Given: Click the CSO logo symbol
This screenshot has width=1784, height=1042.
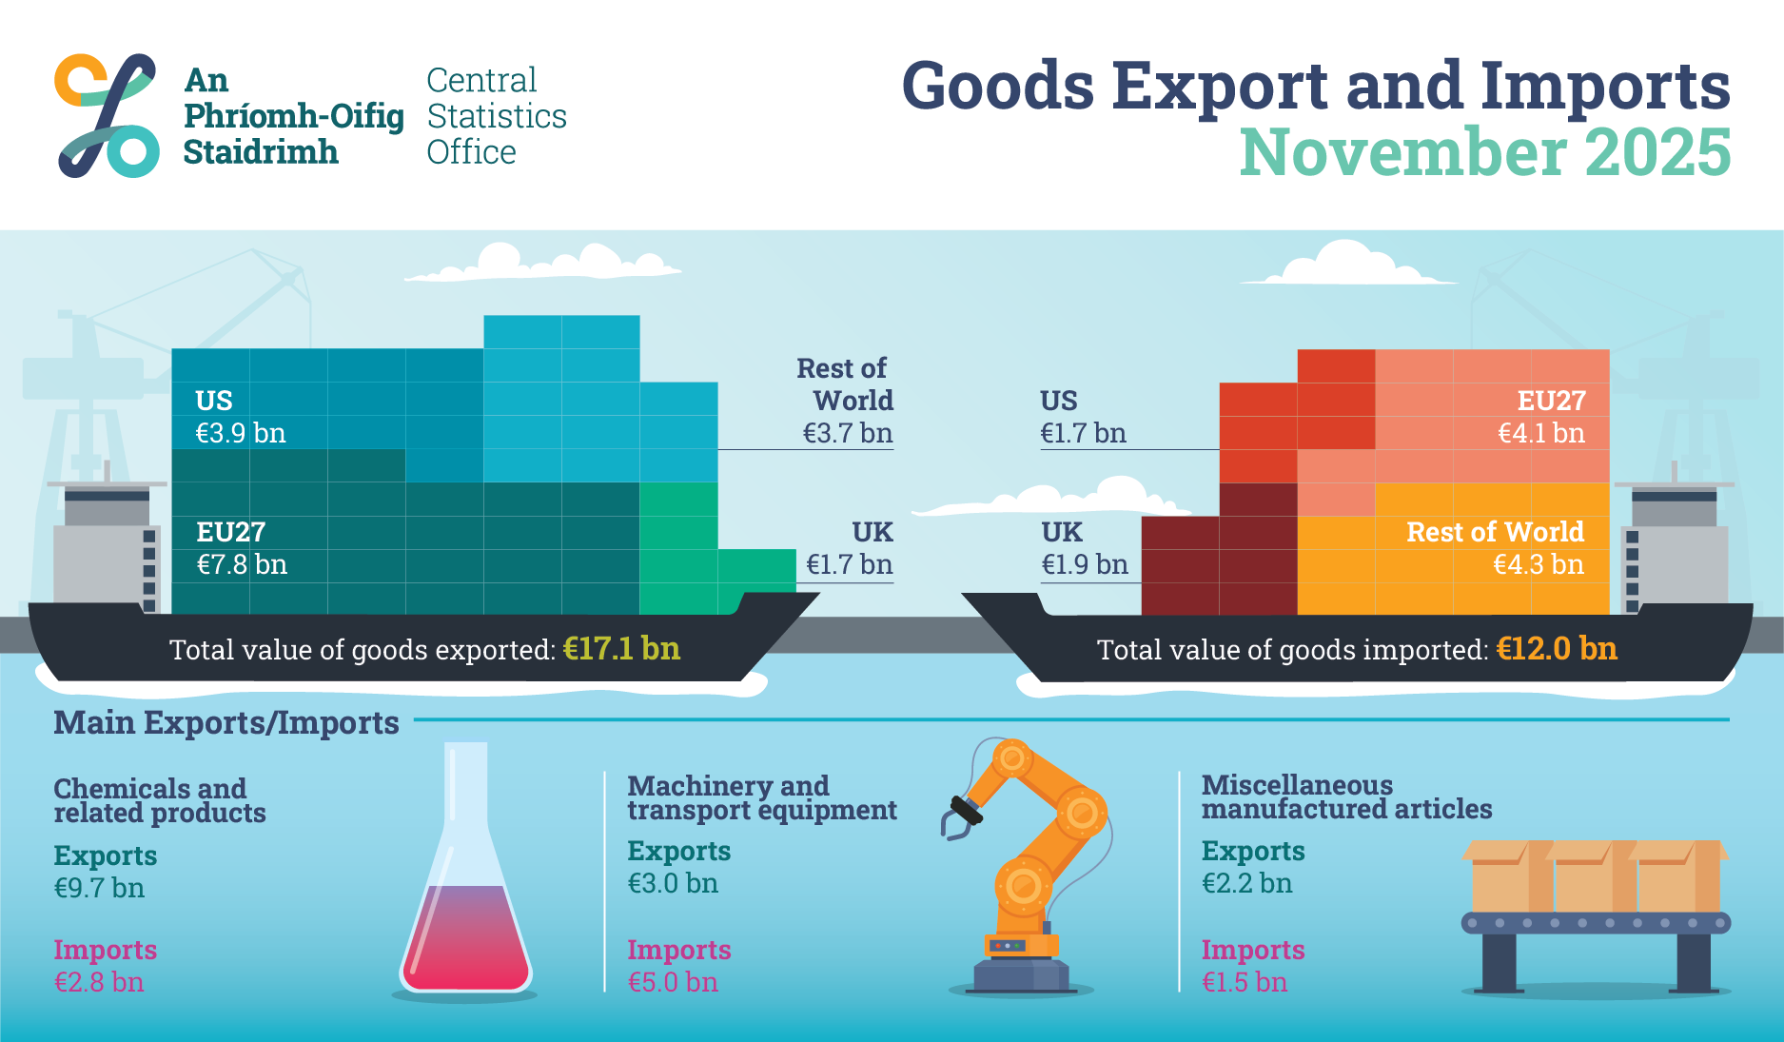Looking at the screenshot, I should [107, 115].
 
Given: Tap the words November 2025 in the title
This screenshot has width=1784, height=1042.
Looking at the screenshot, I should [1484, 152].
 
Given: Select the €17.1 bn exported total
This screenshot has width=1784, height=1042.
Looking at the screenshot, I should [621, 649].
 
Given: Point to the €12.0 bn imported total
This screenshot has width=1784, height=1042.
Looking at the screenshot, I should [1557, 649].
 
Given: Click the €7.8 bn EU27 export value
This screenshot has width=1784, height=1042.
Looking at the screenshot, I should [242, 565].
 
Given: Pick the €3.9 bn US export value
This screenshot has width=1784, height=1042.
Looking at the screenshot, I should [241, 434].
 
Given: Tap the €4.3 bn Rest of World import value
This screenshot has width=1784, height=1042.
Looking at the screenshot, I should [1538, 565].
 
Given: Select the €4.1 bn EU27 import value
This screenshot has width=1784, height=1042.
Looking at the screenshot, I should [1541, 434].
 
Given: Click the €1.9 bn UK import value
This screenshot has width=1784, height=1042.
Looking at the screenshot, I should [1085, 565].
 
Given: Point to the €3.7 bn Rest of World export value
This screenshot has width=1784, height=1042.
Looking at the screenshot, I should [848, 434].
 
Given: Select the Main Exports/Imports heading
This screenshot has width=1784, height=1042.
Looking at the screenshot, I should [226, 723].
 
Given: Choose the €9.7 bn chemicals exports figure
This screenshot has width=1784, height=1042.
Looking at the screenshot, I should [99, 889].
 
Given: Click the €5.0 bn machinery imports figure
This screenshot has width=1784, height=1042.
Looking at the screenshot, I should [673, 982].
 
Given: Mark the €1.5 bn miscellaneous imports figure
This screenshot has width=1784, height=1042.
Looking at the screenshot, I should [1245, 982].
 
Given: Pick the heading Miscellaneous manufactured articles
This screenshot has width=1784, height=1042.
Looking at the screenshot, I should [1345, 797].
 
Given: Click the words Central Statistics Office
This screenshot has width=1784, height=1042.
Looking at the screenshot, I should [496, 116].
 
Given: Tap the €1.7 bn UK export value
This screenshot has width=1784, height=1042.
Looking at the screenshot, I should [849, 565].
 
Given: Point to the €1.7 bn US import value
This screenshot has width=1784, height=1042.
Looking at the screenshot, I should [1083, 434].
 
